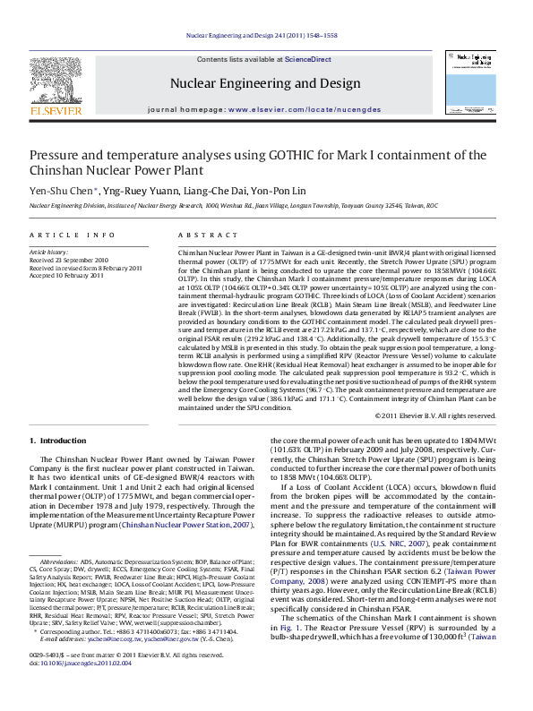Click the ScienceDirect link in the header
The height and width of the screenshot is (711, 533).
click(x=307, y=59)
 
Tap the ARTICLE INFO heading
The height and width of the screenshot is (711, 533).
click(x=73, y=235)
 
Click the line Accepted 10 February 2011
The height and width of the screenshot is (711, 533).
click(x=67, y=275)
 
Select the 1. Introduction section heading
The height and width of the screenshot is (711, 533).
click(x=58, y=441)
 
